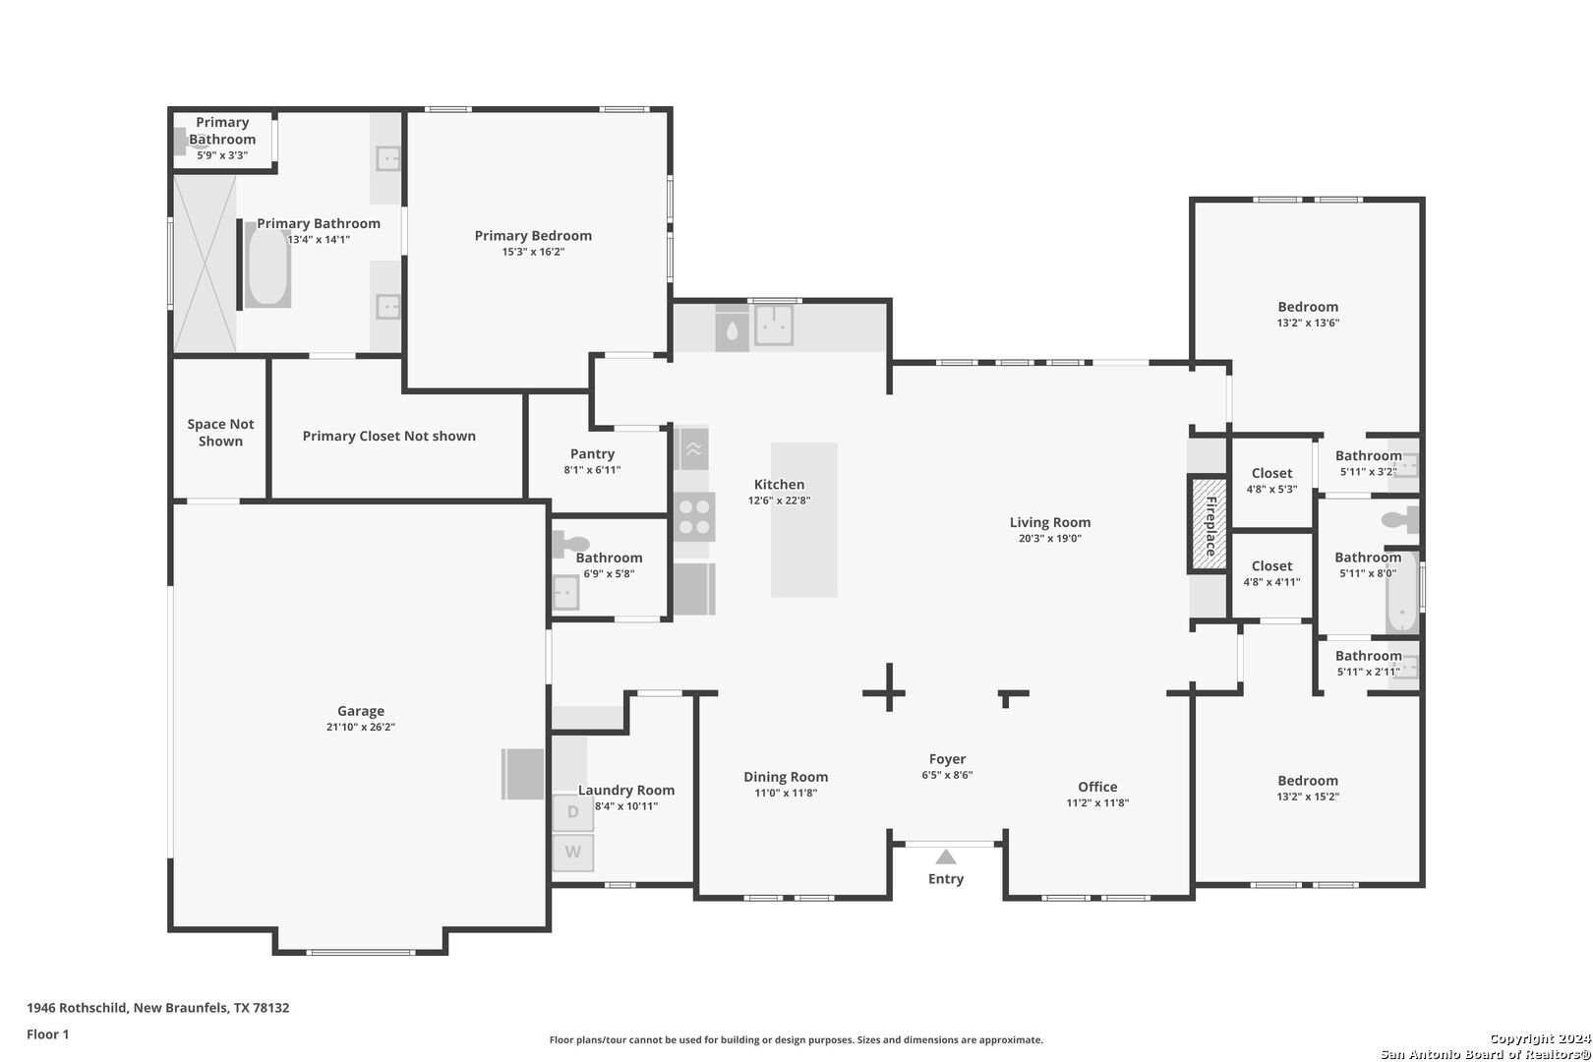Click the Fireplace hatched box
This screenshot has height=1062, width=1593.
click(1209, 523)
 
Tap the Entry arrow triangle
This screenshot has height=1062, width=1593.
click(945, 856)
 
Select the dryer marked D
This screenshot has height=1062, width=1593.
click(573, 811)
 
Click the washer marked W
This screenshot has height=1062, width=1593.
click(573, 852)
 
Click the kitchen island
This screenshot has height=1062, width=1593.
click(804, 519)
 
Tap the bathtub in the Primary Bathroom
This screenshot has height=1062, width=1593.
click(268, 264)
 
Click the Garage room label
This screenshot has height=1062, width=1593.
click(361, 711)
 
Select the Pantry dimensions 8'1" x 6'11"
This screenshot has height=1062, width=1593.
click(592, 470)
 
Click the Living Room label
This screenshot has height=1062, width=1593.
click(1049, 523)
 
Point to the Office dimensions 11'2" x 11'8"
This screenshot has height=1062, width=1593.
click(1097, 803)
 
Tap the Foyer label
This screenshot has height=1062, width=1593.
click(947, 759)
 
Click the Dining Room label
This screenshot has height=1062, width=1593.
click(786, 777)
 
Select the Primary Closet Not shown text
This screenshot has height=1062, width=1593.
click(389, 436)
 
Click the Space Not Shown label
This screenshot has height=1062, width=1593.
click(220, 433)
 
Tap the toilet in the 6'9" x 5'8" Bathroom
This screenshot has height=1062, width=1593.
click(570, 545)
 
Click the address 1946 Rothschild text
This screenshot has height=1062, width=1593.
click(78, 1007)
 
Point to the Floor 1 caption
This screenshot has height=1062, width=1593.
click(47, 1034)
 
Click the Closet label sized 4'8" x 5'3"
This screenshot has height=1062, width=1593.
click(1271, 473)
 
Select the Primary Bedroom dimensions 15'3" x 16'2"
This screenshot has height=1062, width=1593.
click(533, 252)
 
